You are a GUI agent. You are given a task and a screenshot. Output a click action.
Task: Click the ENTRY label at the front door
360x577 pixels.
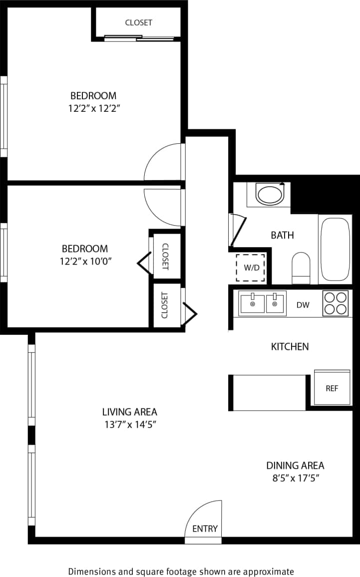[205, 529]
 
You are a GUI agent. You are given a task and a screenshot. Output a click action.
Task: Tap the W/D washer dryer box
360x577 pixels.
[251, 268]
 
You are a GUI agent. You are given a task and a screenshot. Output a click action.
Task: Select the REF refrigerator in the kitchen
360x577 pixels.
[332, 388]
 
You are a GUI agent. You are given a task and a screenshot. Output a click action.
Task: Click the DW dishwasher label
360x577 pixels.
[303, 305]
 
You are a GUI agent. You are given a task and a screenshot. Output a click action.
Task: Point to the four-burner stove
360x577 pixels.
[336, 303]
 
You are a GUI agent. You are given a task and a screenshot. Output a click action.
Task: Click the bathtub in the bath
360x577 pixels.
[336, 249]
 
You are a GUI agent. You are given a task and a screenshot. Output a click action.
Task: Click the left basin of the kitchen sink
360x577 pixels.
[252, 303]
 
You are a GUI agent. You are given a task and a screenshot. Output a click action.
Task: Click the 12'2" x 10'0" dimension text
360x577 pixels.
[85, 261]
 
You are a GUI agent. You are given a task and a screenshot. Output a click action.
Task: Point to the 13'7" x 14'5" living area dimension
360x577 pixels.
[130, 425]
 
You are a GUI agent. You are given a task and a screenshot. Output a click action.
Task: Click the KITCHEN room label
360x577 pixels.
[290, 346]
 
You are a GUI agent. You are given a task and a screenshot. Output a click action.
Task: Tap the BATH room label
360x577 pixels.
[282, 235]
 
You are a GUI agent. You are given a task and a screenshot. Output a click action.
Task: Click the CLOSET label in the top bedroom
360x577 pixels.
[138, 22]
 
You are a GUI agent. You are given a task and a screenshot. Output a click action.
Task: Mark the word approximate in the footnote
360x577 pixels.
[272, 572]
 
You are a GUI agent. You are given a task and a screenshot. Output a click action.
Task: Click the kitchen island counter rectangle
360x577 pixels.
[269, 392]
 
